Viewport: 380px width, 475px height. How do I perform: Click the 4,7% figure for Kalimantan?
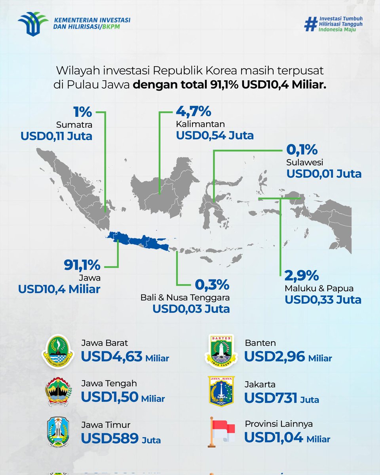[x=194, y=112]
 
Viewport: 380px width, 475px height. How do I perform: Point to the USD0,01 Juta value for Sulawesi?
[x=324, y=173]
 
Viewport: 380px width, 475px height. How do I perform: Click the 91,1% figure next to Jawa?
[x=82, y=265]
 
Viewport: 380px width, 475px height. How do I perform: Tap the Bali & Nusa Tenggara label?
[x=185, y=297]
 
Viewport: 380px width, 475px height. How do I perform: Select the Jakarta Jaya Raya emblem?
[x=221, y=391]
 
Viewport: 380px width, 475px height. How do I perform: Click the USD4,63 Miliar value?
[x=125, y=357]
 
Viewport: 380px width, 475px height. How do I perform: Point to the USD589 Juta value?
[x=121, y=439]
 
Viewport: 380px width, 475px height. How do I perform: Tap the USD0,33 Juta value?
[x=323, y=300]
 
